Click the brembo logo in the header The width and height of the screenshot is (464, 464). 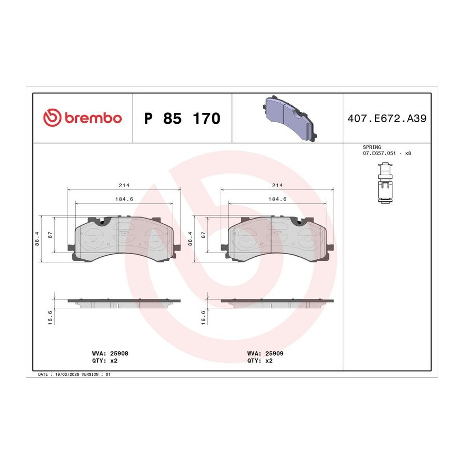pyautogui.click(x=82, y=118)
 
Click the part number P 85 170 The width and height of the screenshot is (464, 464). pyautogui.click(x=182, y=119)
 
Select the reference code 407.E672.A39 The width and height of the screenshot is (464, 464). pyautogui.click(x=387, y=119)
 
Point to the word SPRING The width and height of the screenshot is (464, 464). pyautogui.click(x=372, y=147)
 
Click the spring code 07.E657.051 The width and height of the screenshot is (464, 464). pyautogui.click(x=379, y=153)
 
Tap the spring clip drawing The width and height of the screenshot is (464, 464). pyautogui.click(x=385, y=183)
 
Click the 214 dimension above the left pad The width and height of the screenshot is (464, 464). pyautogui.click(x=124, y=185)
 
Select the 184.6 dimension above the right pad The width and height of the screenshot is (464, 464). pyautogui.click(x=277, y=199)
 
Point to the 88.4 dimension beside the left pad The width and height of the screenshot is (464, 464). pyautogui.click(x=37, y=239)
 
